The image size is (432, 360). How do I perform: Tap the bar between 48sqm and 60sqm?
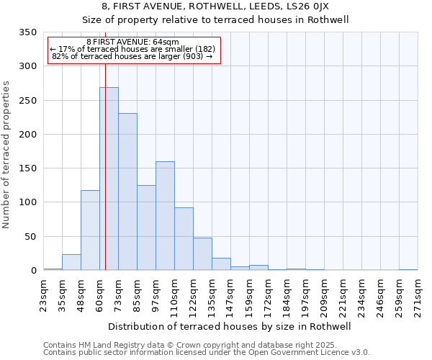pos(90,230)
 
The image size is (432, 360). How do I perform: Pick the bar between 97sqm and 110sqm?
pos(165,216)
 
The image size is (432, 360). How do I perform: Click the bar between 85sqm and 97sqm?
pos(146,228)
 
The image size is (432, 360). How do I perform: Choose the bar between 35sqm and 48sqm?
pos(71,262)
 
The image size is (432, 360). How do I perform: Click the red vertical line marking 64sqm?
pos(105,144)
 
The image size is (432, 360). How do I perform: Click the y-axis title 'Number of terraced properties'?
pos(7,155)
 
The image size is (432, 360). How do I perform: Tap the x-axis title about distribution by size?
pos(230,326)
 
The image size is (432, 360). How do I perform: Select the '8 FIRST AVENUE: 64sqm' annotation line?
pos(132,42)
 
